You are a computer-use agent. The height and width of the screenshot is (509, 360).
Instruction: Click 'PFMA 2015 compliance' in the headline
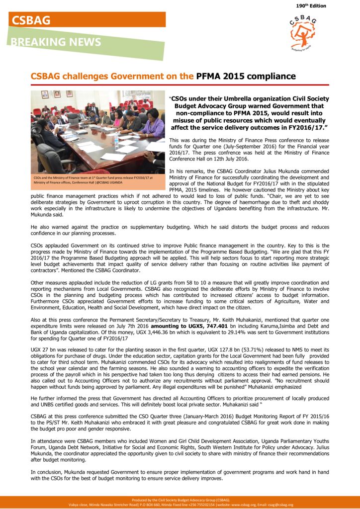(x=246, y=77)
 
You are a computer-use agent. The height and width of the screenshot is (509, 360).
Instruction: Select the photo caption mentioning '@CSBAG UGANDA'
(x=93, y=179)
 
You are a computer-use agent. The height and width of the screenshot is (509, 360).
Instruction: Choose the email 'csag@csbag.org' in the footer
(x=280, y=505)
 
